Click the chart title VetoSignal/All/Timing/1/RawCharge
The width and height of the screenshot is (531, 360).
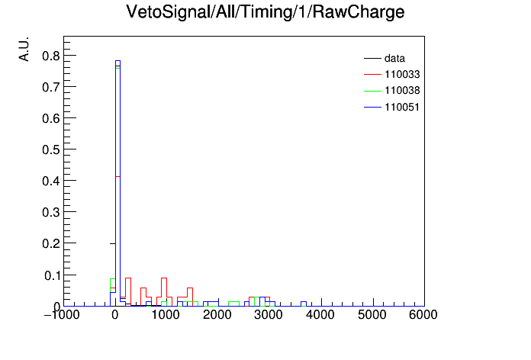[265, 12]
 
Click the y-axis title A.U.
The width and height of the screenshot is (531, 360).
[24, 49]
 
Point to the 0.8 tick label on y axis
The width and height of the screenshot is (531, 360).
[51, 56]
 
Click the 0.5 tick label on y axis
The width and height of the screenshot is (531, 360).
[51, 149]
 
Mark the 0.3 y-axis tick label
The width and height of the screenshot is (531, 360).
[51, 212]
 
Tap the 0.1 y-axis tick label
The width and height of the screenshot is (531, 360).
[52, 275]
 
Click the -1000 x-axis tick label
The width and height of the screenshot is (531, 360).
[62, 315]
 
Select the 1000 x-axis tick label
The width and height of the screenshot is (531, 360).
[166, 315]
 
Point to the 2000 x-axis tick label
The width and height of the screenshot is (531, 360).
[217, 315]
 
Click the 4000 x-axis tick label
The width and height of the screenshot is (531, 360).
[320, 315]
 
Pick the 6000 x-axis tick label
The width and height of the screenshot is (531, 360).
[423, 315]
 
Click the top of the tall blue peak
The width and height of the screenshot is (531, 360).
[117, 61]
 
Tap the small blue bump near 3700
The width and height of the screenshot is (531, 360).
[304, 302]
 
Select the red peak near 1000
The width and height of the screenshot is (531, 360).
[164, 278]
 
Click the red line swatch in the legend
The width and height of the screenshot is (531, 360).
[372, 74]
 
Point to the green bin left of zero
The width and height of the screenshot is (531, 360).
[113, 279]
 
